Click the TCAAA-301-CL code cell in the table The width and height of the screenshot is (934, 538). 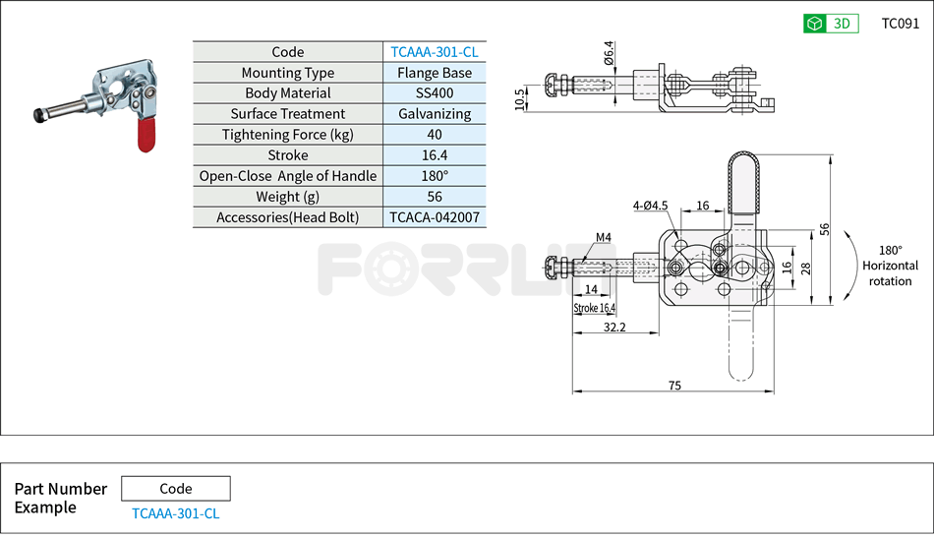[434, 52]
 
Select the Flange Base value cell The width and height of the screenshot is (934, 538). [434, 73]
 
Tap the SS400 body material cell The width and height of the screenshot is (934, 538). [434, 93]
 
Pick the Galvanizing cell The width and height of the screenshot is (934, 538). [434, 114]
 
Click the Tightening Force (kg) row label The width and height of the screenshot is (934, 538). [287, 135]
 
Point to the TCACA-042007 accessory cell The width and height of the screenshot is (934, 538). [434, 217]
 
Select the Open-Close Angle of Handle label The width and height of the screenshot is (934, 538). [287, 176]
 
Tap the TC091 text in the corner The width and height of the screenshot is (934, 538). [900, 24]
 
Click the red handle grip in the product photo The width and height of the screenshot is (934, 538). [144, 134]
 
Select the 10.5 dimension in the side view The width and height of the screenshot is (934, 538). [520, 98]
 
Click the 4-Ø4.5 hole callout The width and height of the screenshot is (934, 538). [650, 206]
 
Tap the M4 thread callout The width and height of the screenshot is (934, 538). [603, 237]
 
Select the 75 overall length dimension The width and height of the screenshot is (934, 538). [673, 386]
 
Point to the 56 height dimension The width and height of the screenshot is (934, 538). [825, 229]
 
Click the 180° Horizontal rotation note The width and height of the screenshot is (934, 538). [890, 266]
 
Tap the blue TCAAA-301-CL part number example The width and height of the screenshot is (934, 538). [175, 513]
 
